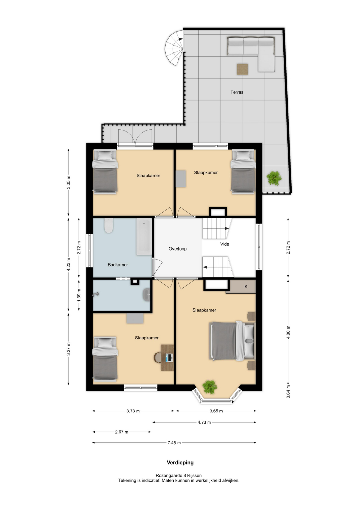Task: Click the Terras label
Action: pos(237,92)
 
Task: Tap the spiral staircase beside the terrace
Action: pos(174,48)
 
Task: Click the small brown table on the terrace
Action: pos(242,69)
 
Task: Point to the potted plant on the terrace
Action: pos(274,178)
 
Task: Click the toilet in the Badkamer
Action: pos(109,225)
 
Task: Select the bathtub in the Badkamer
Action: pos(144,236)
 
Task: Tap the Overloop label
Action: pos(178,249)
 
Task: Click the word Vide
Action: pos(225,244)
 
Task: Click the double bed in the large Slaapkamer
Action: pos(232,341)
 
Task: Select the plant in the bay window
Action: pos(210,387)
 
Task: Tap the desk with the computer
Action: pos(167,358)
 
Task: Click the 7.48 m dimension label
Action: pos(174,443)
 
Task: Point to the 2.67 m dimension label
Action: pos(121,432)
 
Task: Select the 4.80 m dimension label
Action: pos(288,332)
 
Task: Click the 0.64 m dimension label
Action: pos(288,392)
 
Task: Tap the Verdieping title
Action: pos(180,463)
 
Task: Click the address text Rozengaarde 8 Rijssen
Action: pos(179,476)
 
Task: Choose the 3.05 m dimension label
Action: pos(68,182)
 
